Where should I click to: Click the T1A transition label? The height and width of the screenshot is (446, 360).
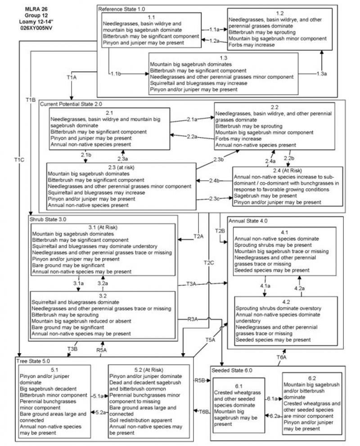click(x=72, y=77)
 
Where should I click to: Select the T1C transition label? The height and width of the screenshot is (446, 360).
click(x=19, y=159)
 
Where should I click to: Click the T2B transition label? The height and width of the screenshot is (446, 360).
click(x=220, y=231)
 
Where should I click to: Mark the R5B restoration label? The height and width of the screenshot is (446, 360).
click(x=200, y=380)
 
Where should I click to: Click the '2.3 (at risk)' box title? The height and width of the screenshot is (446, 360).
click(x=121, y=168)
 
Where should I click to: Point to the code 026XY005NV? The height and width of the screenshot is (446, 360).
click(x=33, y=26)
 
